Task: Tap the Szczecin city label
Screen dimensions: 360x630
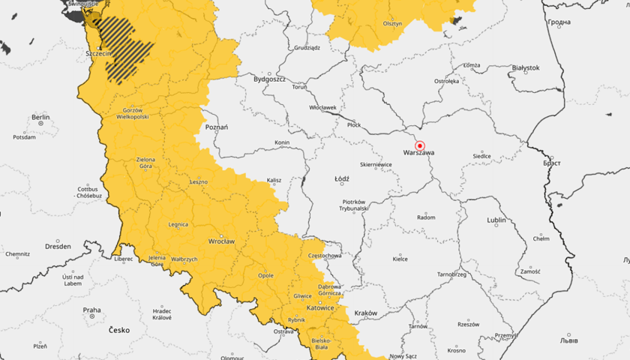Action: click(98, 54)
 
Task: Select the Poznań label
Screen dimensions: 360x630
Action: click(216, 127)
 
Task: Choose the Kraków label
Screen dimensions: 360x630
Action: click(365, 313)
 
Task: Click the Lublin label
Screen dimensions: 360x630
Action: click(496, 220)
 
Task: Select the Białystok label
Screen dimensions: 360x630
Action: click(525, 67)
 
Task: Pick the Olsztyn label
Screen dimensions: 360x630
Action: click(392, 23)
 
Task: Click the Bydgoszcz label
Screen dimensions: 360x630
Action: click(271, 78)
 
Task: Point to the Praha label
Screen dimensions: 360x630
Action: click(91, 310)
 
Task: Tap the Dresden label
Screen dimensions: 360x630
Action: click(58, 246)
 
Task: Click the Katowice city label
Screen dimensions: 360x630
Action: click(321, 307)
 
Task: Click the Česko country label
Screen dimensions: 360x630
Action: click(119, 330)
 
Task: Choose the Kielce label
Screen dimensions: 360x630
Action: click(400, 259)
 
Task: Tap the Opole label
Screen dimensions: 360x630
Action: click(265, 275)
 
